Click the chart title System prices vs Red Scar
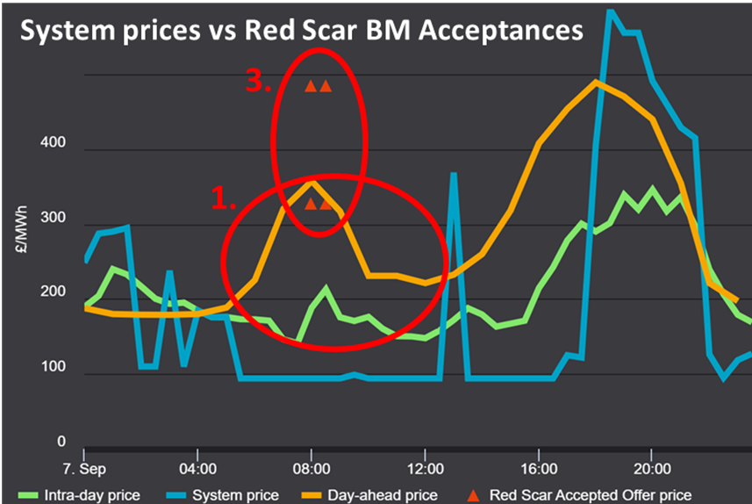tap(301, 31)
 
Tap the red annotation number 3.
tap(258, 83)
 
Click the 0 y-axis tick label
tap(61, 443)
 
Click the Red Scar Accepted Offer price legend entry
tap(593, 495)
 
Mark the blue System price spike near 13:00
tap(454, 176)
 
